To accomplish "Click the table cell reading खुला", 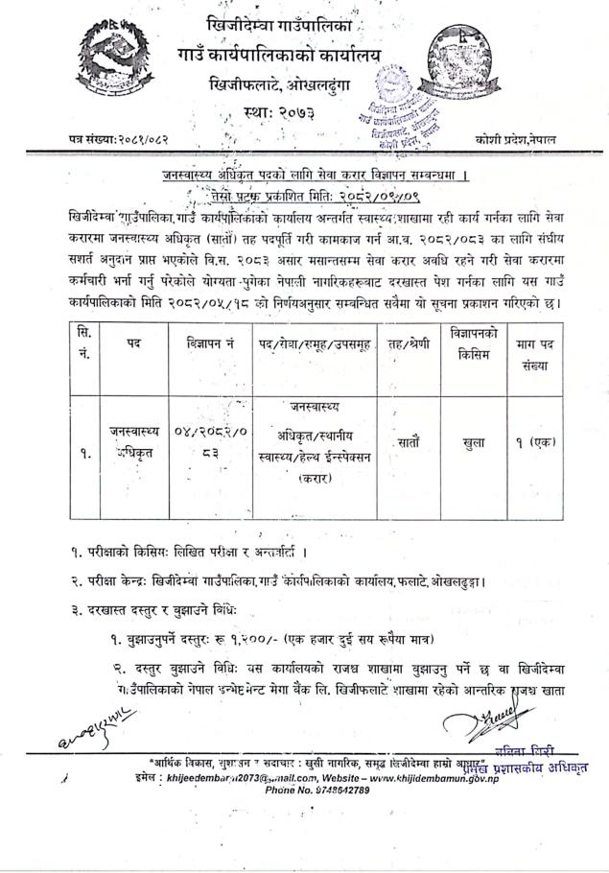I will coord(474,443).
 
